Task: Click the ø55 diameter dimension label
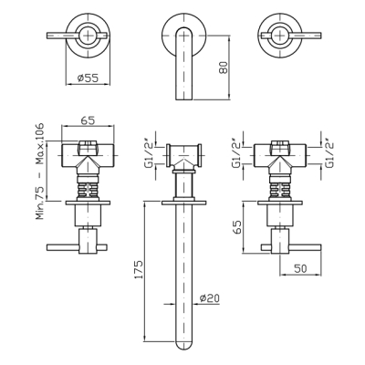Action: [x=88, y=78]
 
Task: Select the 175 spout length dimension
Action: [x=138, y=269]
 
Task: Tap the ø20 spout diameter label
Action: [x=209, y=298]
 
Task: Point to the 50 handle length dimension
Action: [x=300, y=268]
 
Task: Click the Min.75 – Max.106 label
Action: [x=40, y=172]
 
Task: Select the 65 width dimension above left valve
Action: [x=88, y=120]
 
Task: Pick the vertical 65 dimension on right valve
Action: [x=238, y=226]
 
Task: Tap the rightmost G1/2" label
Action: [x=329, y=152]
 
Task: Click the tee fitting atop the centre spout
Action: [x=183, y=155]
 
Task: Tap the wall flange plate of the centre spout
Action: [x=184, y=203]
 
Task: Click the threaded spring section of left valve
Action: [x=88, y=189]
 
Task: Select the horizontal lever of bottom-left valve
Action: [x=77, y=247]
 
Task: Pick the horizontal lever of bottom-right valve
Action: [x=291, y=247]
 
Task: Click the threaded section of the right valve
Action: [x=280, y=189]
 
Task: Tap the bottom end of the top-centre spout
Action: [x=184, y=99]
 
